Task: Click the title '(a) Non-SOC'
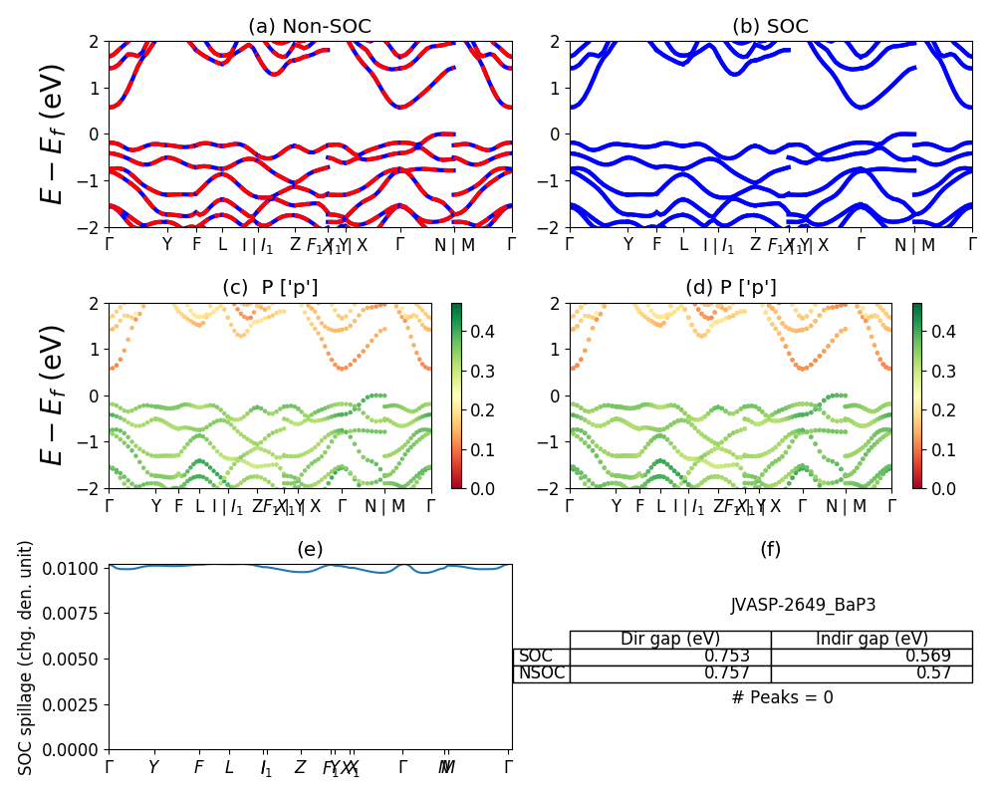pyautogui.click(x=310, y=27)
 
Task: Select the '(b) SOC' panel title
pyautogui.click(x=770, y=27)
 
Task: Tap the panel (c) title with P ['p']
pyautogui.click(x=270, y=288)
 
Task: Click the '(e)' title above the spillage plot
pyautogui.click(x=310, y=549)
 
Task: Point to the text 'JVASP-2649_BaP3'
pyautogui.click(x=803, y=605)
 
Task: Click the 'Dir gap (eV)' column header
pyautogui.click(x=669, y=640)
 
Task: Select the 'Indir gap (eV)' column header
pyautogui.click(x=871, y=640)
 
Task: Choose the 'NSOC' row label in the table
pyautogui.click(x=541, y=673)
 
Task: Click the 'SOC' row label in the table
pyautogui.click(x=536, y=657)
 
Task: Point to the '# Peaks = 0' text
pyautogui.click(x=782, y=698)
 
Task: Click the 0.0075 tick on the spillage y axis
pyautogui.click(x=73, y=614)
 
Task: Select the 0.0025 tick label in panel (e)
pyautogui.click(x=73, y=704)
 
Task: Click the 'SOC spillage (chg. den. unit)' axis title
pyautogui.click(x=27, y=658)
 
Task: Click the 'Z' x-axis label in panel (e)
pyautogui.click(x=299, y=768)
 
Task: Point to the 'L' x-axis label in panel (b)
pyautogui.click(x=683, y=245)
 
